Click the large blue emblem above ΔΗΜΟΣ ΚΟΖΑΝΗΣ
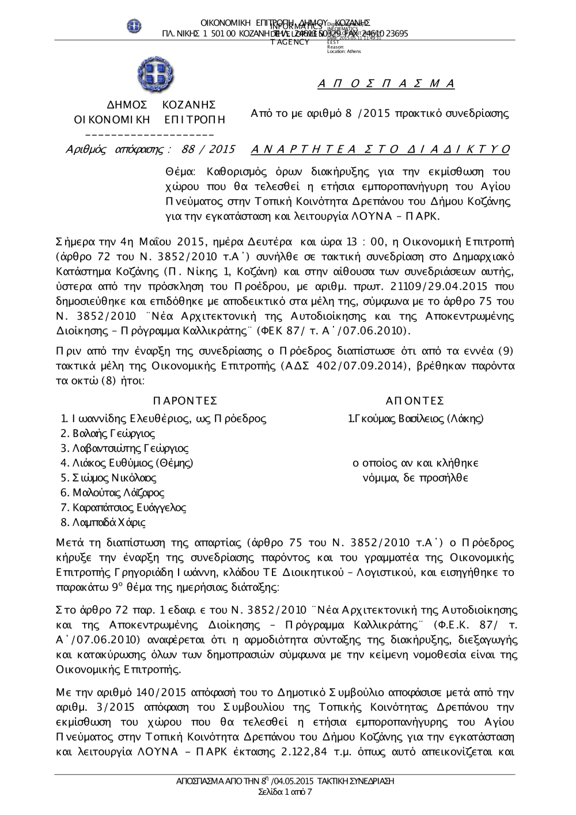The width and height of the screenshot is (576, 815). coord(155,75)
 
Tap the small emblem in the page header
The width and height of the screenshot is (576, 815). coord(134,26)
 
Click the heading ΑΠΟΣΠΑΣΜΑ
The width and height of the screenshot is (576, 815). coord(386,84)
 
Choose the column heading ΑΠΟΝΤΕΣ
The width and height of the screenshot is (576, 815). coord(415,401)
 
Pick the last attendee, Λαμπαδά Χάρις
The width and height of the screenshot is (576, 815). coord(109,523)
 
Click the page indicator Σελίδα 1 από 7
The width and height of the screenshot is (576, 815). coord(286,792)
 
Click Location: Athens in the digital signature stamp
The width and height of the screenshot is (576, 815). coord(344,52)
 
